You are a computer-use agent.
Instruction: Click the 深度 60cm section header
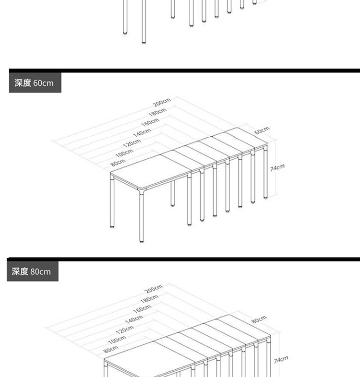tap(34, 83)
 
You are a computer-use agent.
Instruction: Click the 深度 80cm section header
tap(31, 271)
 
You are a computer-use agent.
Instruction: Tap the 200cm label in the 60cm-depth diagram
tap(162, 103)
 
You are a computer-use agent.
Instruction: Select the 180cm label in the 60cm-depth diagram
tap(157, 113)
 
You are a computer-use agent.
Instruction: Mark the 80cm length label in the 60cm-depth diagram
tap(118, 163)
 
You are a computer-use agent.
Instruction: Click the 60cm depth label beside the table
tap(262, 130)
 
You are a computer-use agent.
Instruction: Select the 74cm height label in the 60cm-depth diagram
tap(277, 167)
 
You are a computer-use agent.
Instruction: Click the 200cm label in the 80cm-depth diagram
tap(155, 289)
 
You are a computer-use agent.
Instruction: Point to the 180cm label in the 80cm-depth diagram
tap(149, 300)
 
